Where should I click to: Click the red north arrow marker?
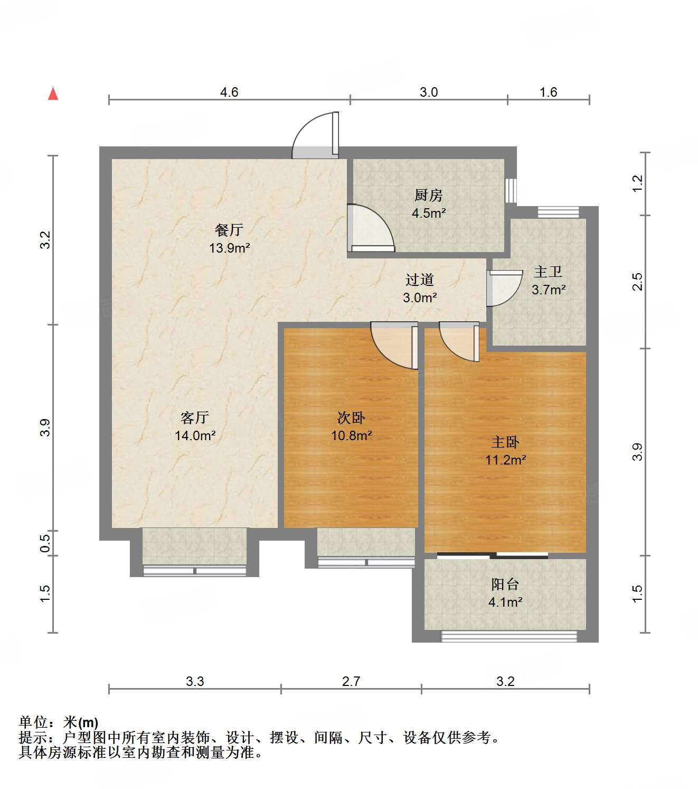[53, 94]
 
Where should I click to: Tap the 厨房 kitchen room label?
[428, 196]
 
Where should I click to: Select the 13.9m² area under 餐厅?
[229, 248]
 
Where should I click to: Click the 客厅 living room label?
[195, 418]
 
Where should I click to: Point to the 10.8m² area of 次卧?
[351, 436]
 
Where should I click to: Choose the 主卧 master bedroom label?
[505, 442]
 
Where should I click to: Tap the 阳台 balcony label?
[505, 584]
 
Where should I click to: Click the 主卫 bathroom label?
[548, 272]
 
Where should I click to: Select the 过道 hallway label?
[420, 280]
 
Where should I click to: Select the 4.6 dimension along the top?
[229, 92]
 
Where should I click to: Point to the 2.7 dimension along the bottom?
[351, 681]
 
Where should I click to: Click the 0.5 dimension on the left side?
[45, 543]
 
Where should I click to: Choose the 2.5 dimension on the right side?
[637, 282]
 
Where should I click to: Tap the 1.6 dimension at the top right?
[548, 92]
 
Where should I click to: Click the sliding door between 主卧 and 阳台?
[493, 555]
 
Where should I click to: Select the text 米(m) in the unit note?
[80, 722]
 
